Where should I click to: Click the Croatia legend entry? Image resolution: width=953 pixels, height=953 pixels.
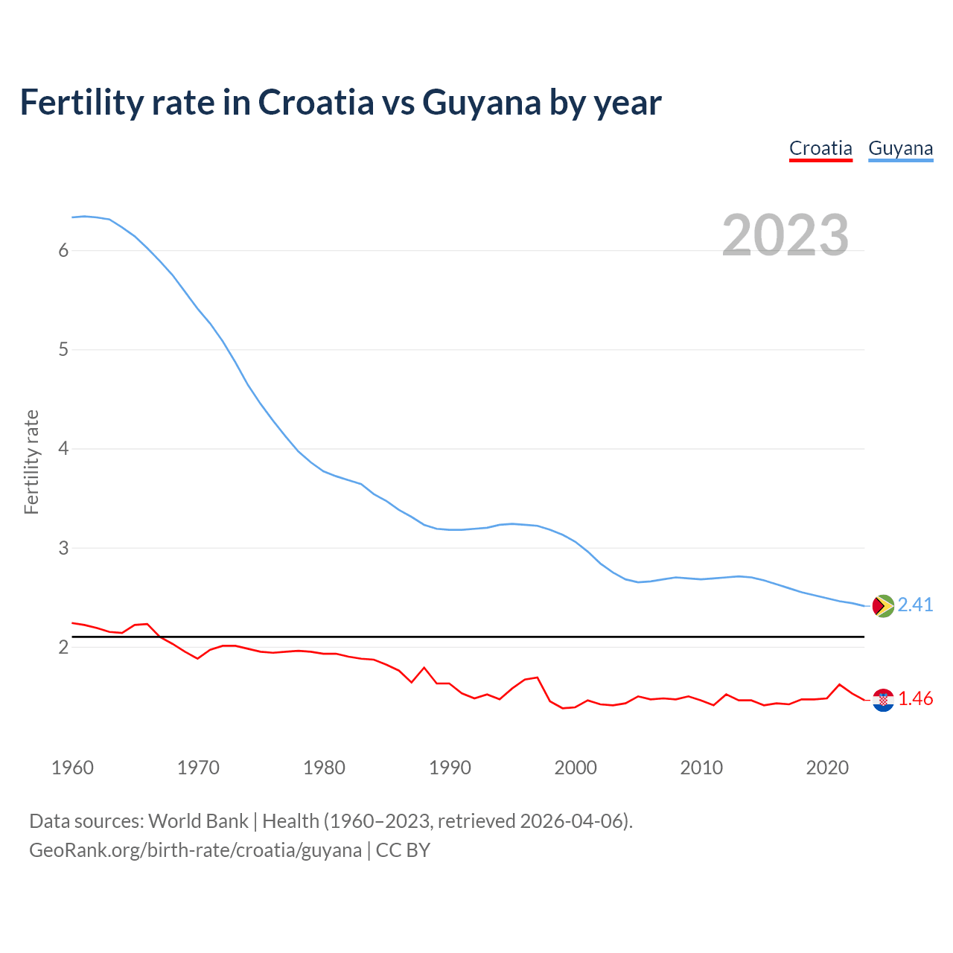(x=820, y=148)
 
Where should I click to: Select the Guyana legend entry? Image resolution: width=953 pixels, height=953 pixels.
(x=900, y=148)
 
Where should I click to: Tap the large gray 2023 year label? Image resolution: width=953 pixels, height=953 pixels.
(x=785, y=235)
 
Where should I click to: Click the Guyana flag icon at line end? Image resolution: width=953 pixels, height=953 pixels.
(x=882, y=606)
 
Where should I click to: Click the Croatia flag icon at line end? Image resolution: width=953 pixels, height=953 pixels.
(x=883, y=700)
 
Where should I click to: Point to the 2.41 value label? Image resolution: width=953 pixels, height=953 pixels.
(x=915, y=605)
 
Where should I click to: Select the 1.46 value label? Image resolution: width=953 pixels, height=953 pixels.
(x=915, y=698)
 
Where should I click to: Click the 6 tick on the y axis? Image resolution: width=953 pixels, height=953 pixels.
(x=63, y=250)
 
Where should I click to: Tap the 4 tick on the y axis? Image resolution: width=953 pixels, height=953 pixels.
(x=63, y=449)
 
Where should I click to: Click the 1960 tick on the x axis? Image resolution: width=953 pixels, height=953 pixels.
(x=72, y=768)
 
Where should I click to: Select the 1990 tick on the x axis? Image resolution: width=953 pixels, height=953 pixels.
(x=450, y=768)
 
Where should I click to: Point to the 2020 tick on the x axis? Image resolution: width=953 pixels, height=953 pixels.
(x=827, y=768)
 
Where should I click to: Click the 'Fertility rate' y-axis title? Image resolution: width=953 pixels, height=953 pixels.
(x=31, y=462)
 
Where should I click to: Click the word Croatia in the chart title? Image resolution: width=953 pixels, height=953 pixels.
(x=316, y=102)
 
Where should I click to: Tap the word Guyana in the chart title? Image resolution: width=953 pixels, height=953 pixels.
(x=481, y=102)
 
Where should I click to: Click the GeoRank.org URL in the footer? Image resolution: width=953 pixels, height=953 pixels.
(x=195, y=850)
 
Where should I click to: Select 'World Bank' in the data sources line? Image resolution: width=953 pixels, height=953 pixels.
(x=198, y=821)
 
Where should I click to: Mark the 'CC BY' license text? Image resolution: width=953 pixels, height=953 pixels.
(x=403, y=850)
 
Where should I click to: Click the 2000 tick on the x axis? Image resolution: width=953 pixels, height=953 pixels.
(x=576, y=768)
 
